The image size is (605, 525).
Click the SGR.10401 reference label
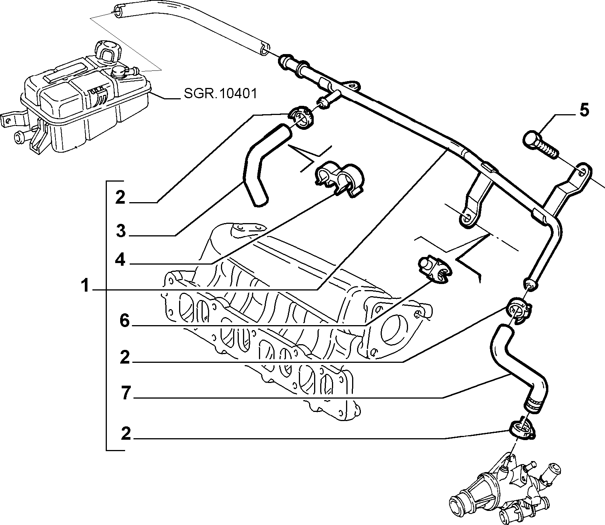[221, 93]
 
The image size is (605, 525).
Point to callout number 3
[121, 231]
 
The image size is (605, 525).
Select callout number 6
[125, 321]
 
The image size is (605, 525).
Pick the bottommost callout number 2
[125, 434]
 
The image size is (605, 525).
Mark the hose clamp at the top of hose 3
[301, 118]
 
